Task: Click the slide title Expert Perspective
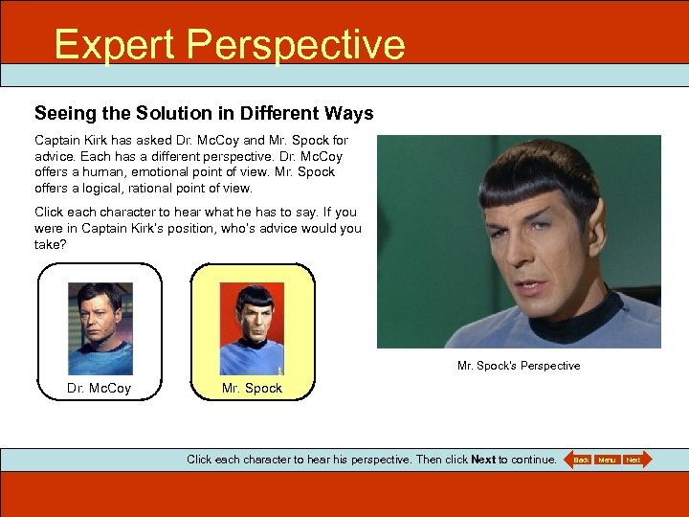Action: tap(230, 45)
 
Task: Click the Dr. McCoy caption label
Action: tap(99, 388)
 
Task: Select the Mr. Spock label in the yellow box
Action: tap(252, 388)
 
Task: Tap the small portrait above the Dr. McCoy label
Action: tap(100, 327)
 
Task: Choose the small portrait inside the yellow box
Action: tap(252, 327)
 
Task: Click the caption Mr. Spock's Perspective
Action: tap(519, 366)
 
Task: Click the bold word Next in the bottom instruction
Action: tap(483, 460)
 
